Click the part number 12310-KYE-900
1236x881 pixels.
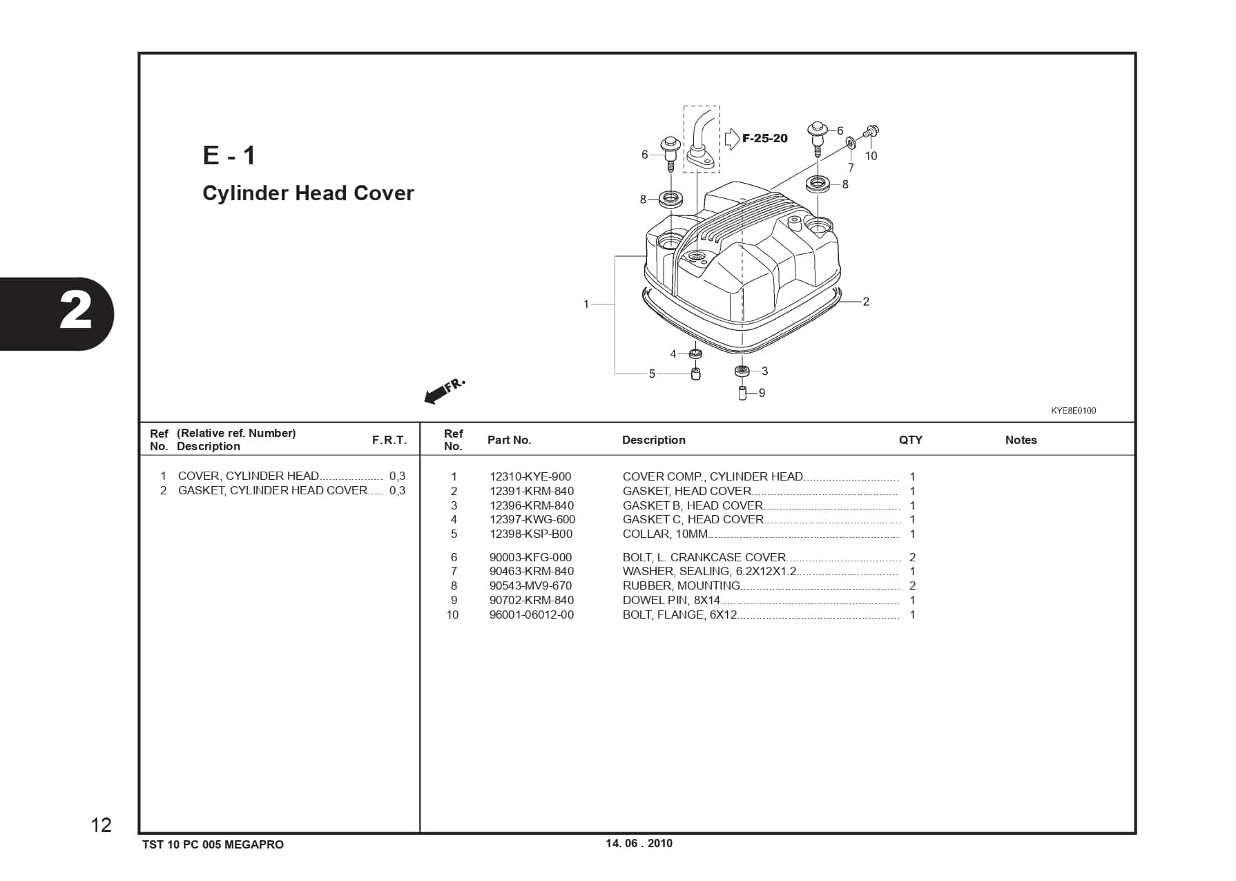tap(530, 476)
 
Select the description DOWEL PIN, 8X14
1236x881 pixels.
tap(671, 600)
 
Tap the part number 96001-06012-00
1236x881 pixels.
tap(532, 614)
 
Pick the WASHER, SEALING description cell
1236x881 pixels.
tap(710, 571)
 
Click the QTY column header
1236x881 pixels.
tap(911, 440)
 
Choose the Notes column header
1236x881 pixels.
tap(1021, 440)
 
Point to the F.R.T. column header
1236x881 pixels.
tap(389, 440)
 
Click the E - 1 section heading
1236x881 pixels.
tap(229, 155)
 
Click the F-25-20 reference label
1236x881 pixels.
tap(765, 138)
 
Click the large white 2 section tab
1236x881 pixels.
tap(76, 311)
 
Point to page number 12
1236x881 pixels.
tap(101, 825)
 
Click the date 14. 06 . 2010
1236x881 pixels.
tap(639, 843)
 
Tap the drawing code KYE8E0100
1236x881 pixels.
tap(1074, 411)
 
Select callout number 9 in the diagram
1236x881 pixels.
tap(762, 393)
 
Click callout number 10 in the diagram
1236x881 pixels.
tap(871, 156)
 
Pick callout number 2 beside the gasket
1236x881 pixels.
tap(866, 302)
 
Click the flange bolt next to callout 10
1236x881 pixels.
tap(871, 131)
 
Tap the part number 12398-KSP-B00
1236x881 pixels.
tap(531, 534)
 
